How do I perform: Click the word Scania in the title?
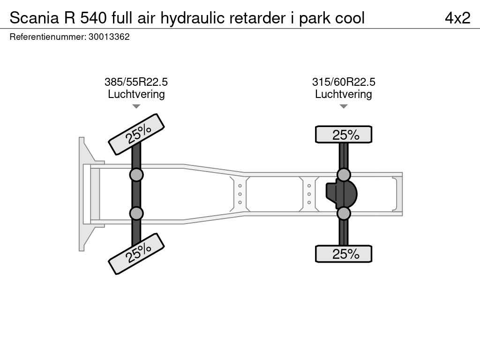[x=34, y=18]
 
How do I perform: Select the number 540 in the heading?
[x=94, y=18]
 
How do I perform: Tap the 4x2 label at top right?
[x=457, y=18]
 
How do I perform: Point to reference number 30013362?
[x=109, y=37]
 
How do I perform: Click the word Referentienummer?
[x=48, y=37]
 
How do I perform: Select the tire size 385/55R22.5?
[x=136, y=82]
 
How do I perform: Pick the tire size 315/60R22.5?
[x=344, y=82]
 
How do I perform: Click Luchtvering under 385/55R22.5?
[x=136, y=94]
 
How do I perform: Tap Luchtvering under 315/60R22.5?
[x=344, y=94]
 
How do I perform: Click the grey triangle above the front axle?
[x=136, y=106]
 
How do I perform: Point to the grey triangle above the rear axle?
[x=344, y=106]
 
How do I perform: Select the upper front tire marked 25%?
[x=136, y=134]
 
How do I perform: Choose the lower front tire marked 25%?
[x=136, y=254]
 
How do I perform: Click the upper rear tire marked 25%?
[x=344, y=135]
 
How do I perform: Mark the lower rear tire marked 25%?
[x=344, y=254]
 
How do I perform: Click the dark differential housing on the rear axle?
[x=342, y=194]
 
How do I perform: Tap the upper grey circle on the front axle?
[x=136, y=175]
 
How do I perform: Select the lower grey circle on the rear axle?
[x=344, y=213]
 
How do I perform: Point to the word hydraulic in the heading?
[x=193, y=18]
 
